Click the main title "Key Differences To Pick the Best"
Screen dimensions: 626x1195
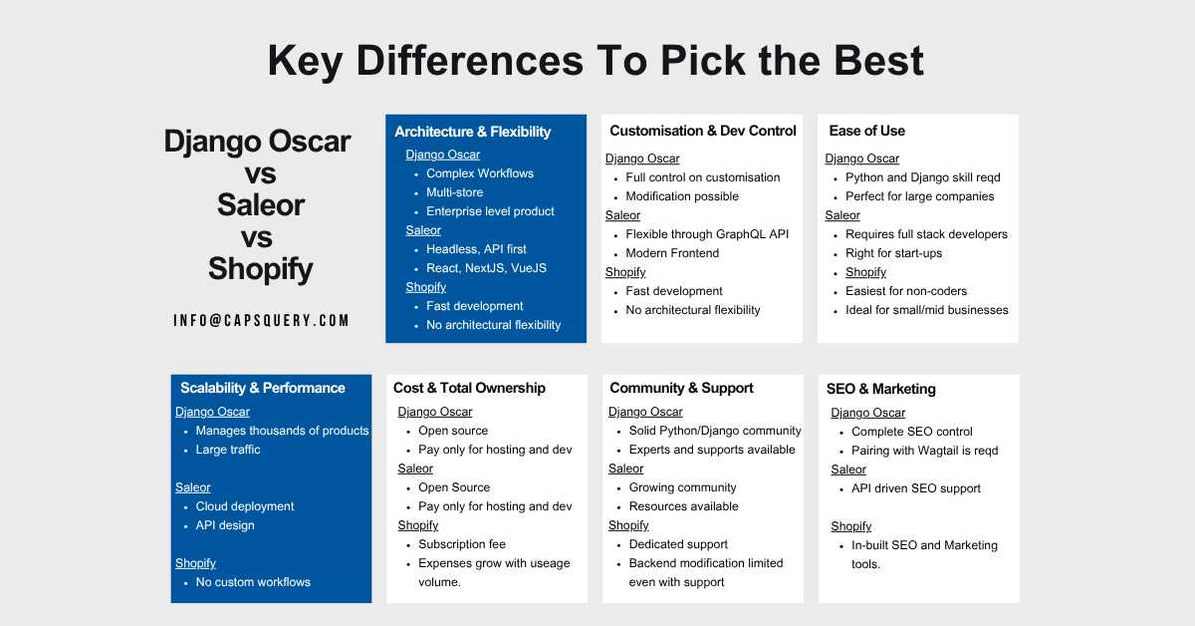pyautogui.click(x=596, y=61)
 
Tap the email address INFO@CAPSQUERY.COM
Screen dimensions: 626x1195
pyautogui.click(x=261, y=320)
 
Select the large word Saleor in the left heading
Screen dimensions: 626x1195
pyautogui.click(x=261, y=205)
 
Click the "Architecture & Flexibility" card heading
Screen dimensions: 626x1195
pyautogui.click(x=472, y=132)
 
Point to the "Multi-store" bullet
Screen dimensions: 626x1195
pyautogui.click(x=454, y=192)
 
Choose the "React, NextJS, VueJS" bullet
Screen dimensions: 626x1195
pyautogui.click(x=486, y=268)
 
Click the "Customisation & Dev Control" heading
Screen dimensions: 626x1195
pyautogui.click(x=702, y=131)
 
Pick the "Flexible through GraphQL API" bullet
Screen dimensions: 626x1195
pyautogui.click(x=707, y=234)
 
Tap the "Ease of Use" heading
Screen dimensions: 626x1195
pyautogui.click(x=866, y=131)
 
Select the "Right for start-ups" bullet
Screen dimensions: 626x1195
pyautogui.click(x=893, y=253)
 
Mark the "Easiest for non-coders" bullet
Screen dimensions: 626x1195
pyautogui.click(x=906, y=291)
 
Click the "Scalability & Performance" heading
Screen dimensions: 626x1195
pyautogui.click(x=262, y=388)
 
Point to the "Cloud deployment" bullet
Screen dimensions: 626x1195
pyautogui.click(x=245, y=506)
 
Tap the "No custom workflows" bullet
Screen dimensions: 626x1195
pyautogui.click(x=253, y=582)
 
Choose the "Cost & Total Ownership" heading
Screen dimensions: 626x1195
pyautogui.click(x=469, y=388)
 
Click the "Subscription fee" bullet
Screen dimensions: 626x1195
pyautogui.click(x=462, y=544)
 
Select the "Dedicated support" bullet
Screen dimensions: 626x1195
pyautogui.click(x=678, y=544)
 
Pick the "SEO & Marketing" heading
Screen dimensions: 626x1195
pyautogui.click(x=880, y=389)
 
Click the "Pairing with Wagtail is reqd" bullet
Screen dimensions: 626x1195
pyautogui.click(x=924, y=451)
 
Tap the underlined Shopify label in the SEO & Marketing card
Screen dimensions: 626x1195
pyautogui.click(x=850, y=526)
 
